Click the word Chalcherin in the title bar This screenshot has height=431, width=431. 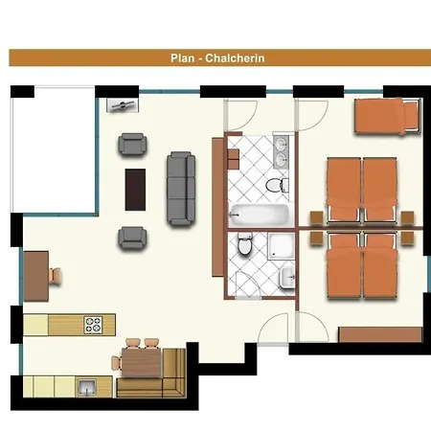coord(235,58)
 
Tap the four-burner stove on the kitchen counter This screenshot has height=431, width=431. coord(93,325)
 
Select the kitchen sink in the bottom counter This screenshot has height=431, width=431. coord(86,387)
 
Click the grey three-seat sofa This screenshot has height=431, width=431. coord(181,189)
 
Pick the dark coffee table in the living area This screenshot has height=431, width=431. coord(135,190)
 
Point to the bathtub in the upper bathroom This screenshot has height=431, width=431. coord(260,215)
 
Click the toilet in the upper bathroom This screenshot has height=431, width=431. coord(277,185)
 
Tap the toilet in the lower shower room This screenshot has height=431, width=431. coord(245,243)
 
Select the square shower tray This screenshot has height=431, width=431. coord(281,246)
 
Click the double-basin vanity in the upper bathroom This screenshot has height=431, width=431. coord(282,151)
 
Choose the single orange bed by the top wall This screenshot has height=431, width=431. coord(387,116)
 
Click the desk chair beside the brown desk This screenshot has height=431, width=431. coord(55,276)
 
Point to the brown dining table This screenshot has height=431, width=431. coord(142,362)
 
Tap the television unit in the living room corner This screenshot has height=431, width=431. coord(123,105)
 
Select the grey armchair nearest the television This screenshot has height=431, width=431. coord(132,145)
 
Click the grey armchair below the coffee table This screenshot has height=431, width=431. coord(132,238)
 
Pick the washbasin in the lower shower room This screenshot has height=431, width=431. coord(287,278)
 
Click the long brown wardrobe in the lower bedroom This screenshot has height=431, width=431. coord(380,334)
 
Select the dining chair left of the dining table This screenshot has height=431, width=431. coord(117,363)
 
